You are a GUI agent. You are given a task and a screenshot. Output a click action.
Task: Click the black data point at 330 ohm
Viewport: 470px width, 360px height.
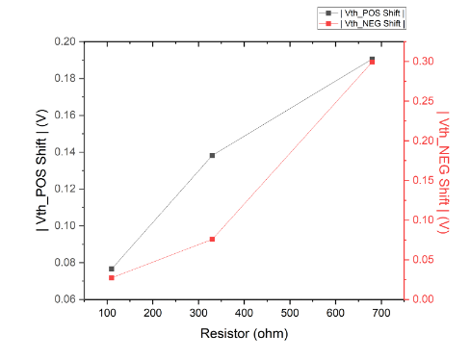(212, 155)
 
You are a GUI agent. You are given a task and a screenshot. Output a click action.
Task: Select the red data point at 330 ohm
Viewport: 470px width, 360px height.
(212, 239)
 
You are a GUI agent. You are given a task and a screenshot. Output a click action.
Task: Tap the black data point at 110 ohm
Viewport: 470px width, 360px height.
(112, 269)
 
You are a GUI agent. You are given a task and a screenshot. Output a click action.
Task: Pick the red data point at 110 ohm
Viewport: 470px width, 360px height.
(112, 277)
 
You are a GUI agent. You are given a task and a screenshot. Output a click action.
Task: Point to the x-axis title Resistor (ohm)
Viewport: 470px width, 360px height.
(244, 334)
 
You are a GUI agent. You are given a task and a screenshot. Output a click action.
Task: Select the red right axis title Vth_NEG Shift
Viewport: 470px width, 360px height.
(442, 170)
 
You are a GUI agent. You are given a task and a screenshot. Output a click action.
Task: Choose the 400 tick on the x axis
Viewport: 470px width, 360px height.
(244, 313)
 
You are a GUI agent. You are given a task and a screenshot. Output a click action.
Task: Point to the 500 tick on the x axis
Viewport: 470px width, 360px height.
(290, 313)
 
